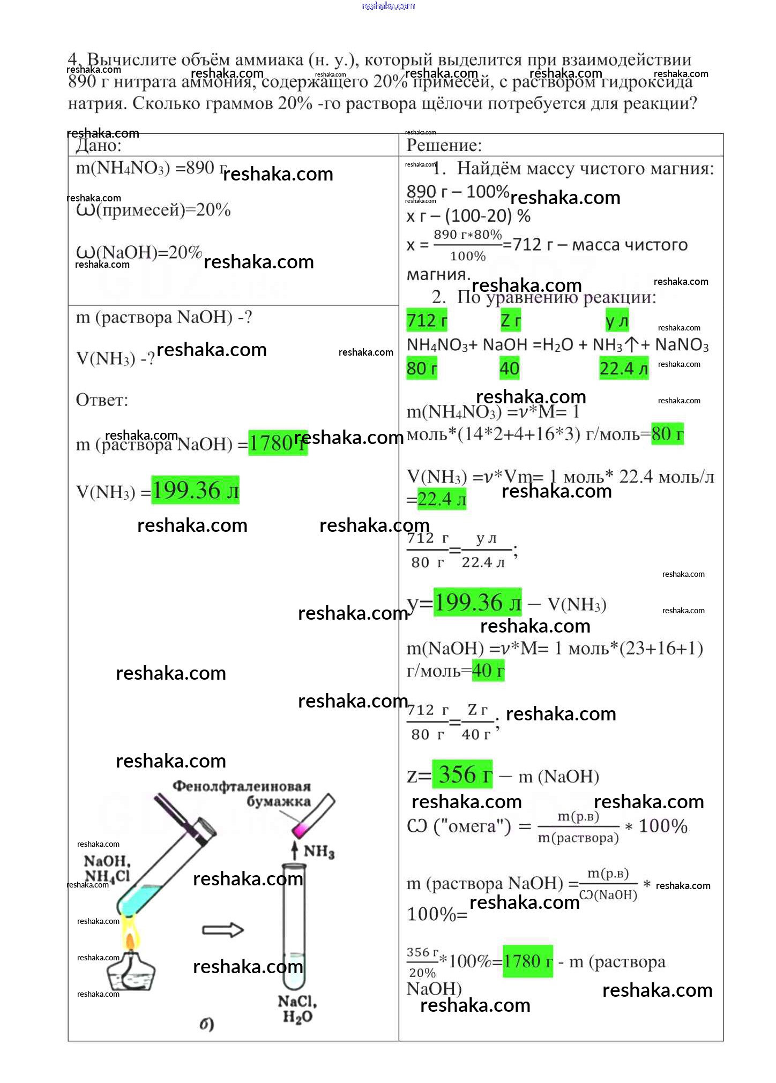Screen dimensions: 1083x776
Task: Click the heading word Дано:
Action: tap(99, 145)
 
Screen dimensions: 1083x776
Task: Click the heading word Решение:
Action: tap(444, 145)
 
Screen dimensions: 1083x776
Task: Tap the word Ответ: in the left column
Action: tap(102, 400)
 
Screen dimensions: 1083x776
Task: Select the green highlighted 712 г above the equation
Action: tap(427, 320)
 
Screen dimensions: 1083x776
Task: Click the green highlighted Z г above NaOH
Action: tap(510, 320)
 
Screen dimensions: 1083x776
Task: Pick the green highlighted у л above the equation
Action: tap(616, 320)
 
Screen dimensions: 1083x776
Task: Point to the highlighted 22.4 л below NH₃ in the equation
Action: tap(623, 368)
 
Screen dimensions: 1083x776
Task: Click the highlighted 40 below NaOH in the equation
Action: tap(509, 368)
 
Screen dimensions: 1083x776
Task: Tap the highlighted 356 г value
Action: tap(462, 774)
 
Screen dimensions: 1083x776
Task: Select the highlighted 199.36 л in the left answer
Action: tap(195, 490)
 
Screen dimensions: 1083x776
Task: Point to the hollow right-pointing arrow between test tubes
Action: tap(222, 930)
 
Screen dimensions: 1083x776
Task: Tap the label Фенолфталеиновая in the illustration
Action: tap(241, 786)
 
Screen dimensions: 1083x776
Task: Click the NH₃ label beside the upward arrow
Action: tap(319, 851)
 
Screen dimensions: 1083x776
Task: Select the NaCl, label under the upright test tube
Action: tap(297, 1001)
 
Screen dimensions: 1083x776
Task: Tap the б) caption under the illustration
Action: tap(207, 1024)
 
